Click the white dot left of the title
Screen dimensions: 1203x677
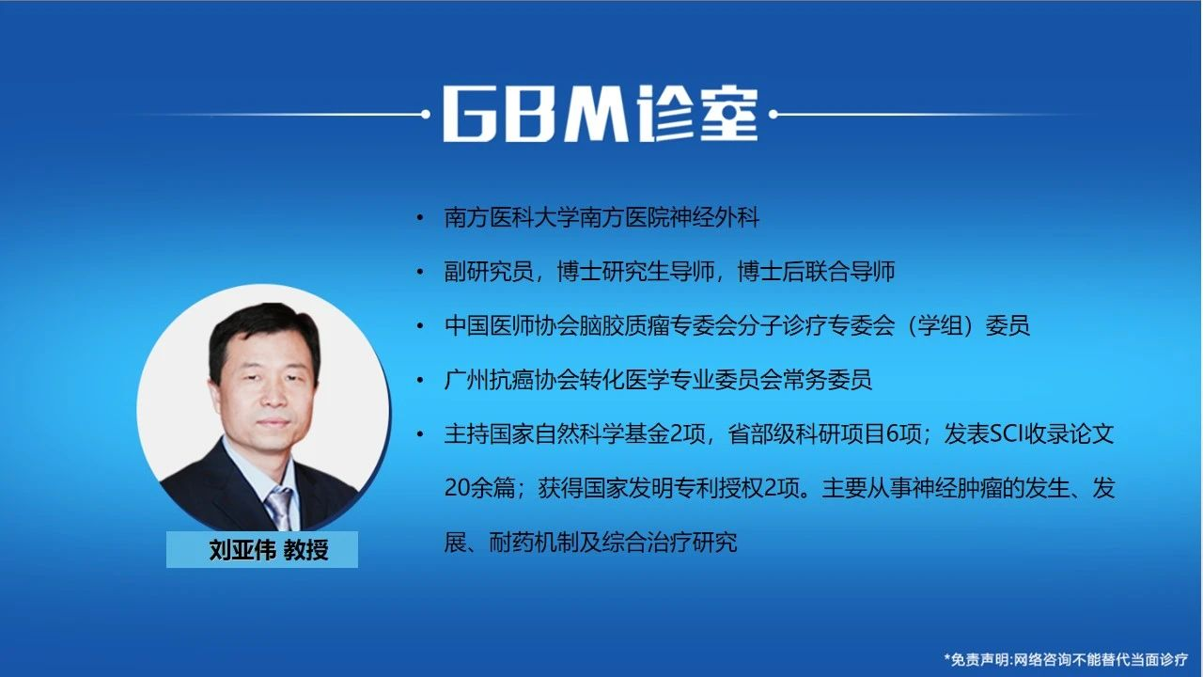tap(426, 114)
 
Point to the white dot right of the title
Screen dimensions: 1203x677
tap(773, 114)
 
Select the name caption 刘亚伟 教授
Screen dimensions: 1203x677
tap(269, 550)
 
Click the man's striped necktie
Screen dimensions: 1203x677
tap(279, 508)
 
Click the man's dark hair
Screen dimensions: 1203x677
tap(263, 333)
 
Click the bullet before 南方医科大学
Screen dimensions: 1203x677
tap(420, 218)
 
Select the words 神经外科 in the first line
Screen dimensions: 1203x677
tap(714, 218)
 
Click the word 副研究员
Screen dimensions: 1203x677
tap(489, 272)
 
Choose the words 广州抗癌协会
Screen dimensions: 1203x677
tap(511, 380)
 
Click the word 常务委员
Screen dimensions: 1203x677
tap(827, 380)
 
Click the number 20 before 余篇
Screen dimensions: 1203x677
tap(457, 488)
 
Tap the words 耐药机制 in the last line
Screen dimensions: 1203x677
tap(534, 543)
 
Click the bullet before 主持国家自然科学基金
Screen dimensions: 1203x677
tap(420, 434)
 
